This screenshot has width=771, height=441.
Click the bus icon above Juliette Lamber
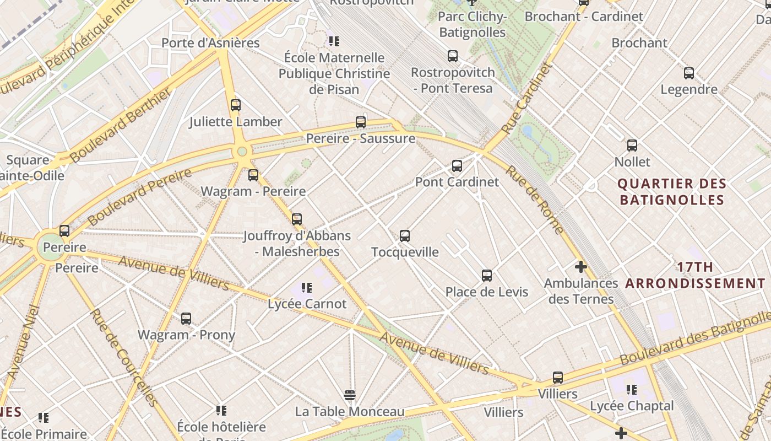pyautogui.click(x=236, y=105)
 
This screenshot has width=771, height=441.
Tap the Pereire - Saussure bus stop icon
pyautogui.click(x=361, y=122)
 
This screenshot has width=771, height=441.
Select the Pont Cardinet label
pyautogui.click(x=457, y=182)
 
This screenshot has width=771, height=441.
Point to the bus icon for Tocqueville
pyautogui.click(x=405, y=236)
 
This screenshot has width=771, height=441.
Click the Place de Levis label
pyautogui.click(x=486, y=292)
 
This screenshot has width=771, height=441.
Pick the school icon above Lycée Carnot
pyautogui.click(x=307, y=287)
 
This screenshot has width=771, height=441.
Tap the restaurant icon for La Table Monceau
pyautogui.click(x=349, y=395)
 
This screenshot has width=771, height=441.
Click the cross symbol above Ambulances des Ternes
pyautogui.click(x=580, y=267)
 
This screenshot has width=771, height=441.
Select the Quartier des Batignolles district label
pyautogui.click(x=672, y=191)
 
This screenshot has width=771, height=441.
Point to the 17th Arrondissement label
pyautogui.click(x=695, y=276)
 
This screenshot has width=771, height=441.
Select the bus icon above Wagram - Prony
pyautogui.click(x=186, y=318)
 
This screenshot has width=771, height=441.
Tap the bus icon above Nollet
pyautogui.click(x=632, y=146)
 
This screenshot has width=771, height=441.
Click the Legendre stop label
pyautogui.click(x=688, y=89)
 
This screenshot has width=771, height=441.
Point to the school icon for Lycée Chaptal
pyautogui.click(x=632, y=390)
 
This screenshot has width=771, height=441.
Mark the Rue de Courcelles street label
pyautogui.click(x=124, y=358)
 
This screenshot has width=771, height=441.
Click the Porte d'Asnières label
pyautogui.click(x=210, y=43)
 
